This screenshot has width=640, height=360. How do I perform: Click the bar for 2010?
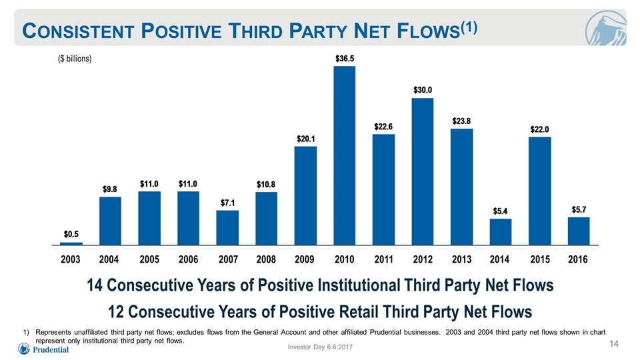click(345, 155)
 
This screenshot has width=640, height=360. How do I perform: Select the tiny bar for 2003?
click(71, 244)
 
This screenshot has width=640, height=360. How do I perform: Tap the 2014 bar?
click(501, 232)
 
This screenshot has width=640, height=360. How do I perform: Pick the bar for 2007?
click(227, 228)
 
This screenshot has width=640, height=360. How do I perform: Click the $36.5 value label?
click(345, 59)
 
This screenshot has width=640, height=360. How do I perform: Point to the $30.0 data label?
click(423, 90)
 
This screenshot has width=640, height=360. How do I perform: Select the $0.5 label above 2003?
click(71, 234)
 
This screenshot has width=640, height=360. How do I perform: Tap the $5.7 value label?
click(579, 210)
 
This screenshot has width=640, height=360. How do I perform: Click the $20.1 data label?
click(306, 139)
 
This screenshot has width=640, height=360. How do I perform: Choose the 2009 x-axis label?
click(305, 259)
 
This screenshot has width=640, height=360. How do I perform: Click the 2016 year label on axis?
click(578, 259)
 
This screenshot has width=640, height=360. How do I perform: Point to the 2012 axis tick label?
click(423, 259)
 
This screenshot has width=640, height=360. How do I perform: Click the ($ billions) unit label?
click(75, 59)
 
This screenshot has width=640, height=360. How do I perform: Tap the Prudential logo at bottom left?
click(43, 349)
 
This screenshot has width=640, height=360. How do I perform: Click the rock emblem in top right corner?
click(605, 28)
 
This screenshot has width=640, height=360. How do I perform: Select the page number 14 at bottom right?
click(614, 344)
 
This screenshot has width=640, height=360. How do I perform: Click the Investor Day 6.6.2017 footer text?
click(320, 347)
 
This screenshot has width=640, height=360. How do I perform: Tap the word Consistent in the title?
click(79, 31)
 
